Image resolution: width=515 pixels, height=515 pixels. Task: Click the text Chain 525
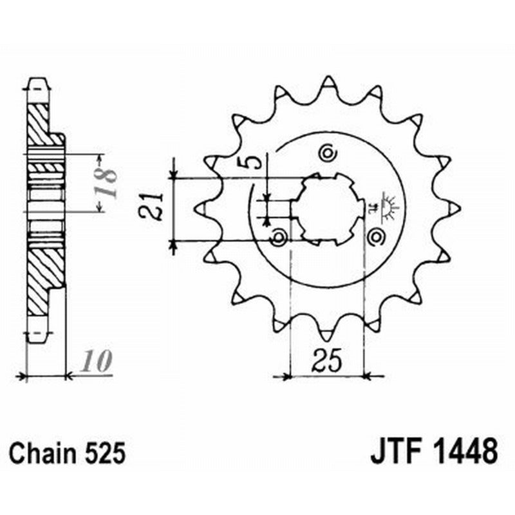pyautogui.click(x=67, y=453)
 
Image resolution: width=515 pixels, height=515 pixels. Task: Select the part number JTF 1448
pyautogui.click(x=433, y=452)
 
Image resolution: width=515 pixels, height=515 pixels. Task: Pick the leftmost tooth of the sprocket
pyautogui.click(x=199, y=207)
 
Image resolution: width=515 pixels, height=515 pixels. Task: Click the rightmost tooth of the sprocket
pyautogui.click(x=454, y=208)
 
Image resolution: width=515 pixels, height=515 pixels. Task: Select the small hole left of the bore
pyautogui.click(x=279, y=239)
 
